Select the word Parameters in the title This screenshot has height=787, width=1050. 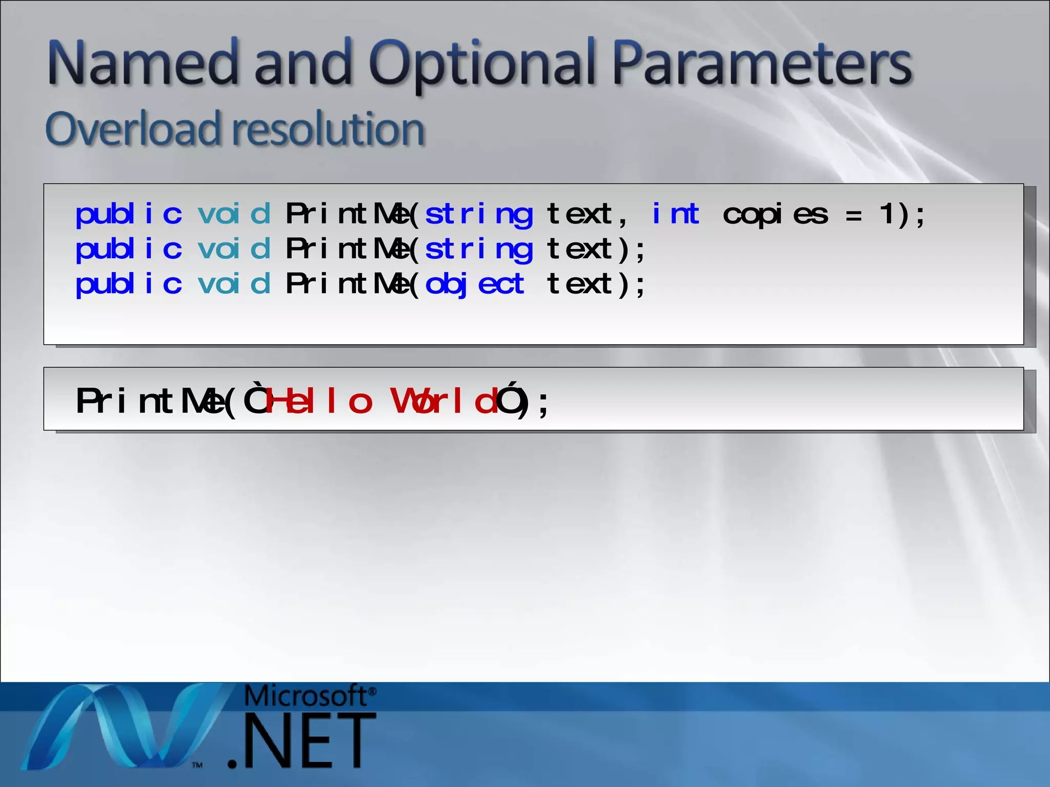(x=762, y=64)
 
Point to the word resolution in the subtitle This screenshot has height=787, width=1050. (x=328, y=129)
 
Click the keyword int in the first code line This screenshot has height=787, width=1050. (x=675, y=214)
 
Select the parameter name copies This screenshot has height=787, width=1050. (x=775, y=215)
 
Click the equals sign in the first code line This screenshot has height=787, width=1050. (x=853, y=216)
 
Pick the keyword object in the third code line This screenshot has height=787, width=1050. (x=475, y=285)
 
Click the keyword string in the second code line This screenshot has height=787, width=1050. (x=479, y=250)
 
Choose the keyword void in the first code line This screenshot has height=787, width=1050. (x=234, y=214)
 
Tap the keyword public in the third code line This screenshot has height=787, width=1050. (x=129, y=284)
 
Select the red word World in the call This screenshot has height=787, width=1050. (x=444, y=401)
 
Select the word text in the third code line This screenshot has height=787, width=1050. (x=579, y=284)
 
